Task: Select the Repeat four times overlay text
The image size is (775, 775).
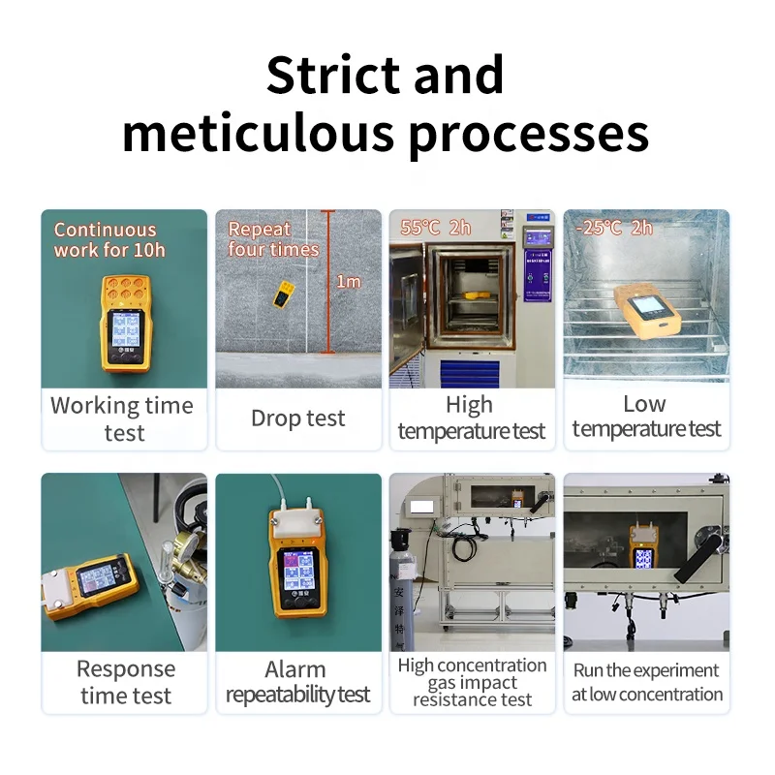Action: click(273, 239)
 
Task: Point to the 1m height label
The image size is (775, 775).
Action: click(348, 282)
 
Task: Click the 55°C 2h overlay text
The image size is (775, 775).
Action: click(436, 229)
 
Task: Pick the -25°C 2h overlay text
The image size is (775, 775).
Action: click(614, 229)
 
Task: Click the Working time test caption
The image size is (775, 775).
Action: click(123, 418)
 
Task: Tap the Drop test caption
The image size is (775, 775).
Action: click(297, 418)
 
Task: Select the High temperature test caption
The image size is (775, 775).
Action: click(472, 418)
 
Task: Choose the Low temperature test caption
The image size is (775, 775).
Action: click(646, 417)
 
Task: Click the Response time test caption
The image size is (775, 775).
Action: click(125, 682)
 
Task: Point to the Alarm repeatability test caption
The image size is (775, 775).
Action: click(297, 682)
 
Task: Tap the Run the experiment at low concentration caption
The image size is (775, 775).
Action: click(646, 682)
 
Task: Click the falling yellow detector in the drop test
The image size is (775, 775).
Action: click(284, 294)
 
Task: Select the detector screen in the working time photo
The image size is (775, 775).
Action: click(124, 334)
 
